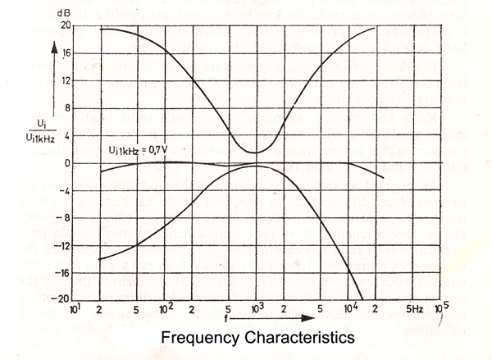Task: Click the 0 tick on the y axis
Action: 66,163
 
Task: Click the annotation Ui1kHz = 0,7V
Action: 143,149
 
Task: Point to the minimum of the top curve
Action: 255,153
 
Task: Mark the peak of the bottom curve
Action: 257,166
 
